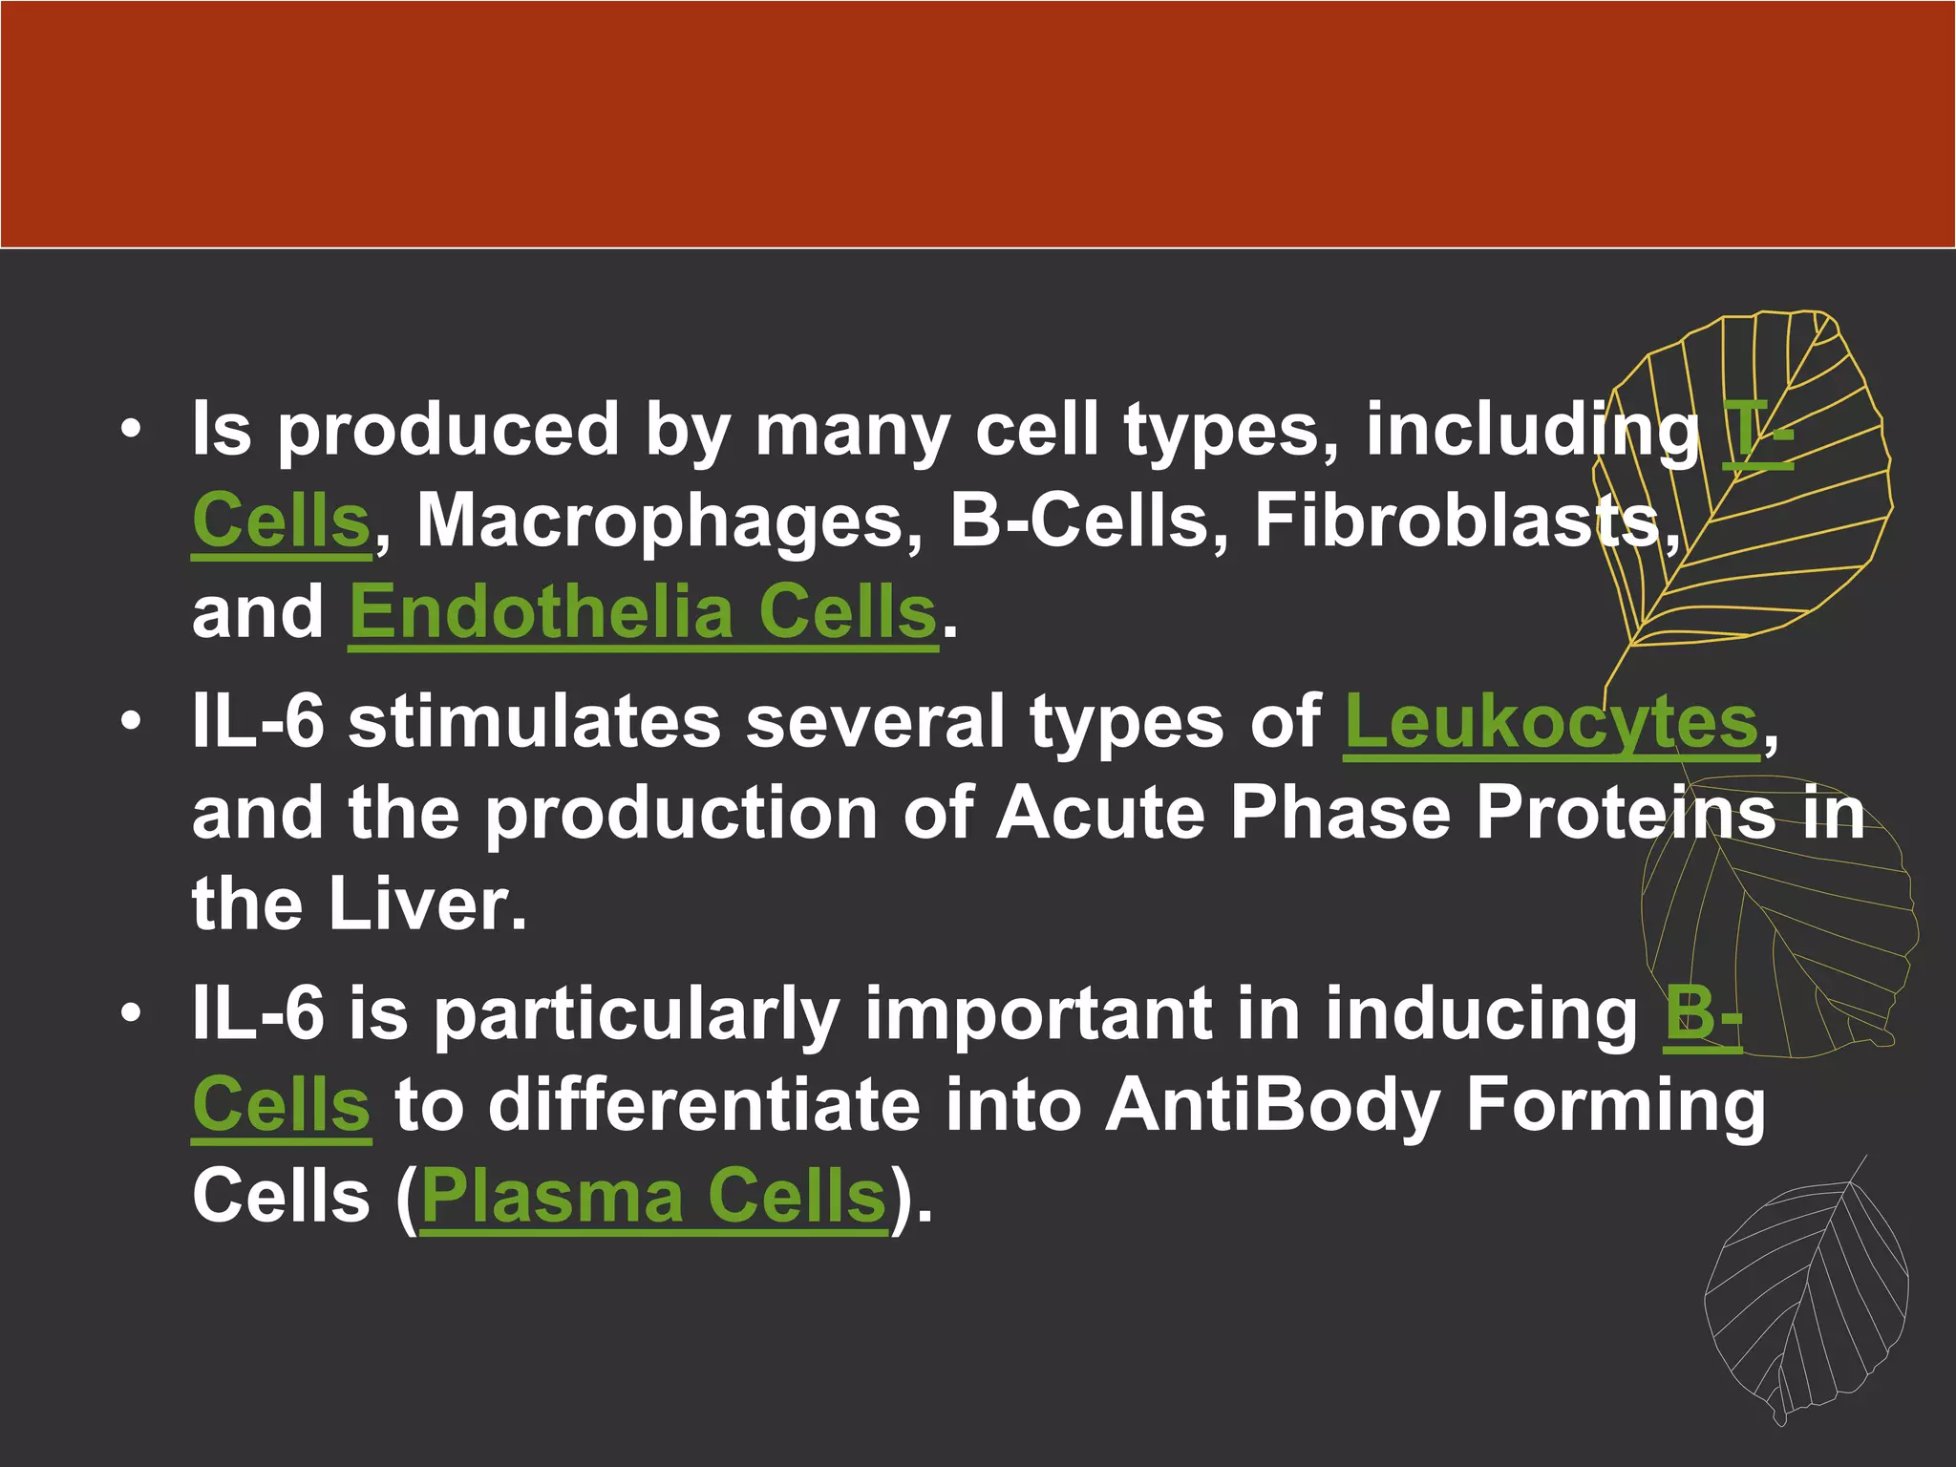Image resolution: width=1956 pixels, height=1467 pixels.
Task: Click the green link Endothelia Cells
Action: (642, 613)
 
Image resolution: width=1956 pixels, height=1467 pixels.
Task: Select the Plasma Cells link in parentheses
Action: (653, 1197)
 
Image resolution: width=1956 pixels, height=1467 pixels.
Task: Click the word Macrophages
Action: (662, 522)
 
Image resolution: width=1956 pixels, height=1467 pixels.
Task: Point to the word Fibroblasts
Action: (1458, 522)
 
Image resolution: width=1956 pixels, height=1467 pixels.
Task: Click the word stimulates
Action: (534, 721)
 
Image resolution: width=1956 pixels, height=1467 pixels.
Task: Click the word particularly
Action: (637, 1014)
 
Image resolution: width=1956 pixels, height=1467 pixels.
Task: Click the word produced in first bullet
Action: (449, 432)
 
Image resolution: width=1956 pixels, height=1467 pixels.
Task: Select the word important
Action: (1037, 1014)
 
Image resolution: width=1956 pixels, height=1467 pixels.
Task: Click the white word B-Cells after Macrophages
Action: (1079, 522)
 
